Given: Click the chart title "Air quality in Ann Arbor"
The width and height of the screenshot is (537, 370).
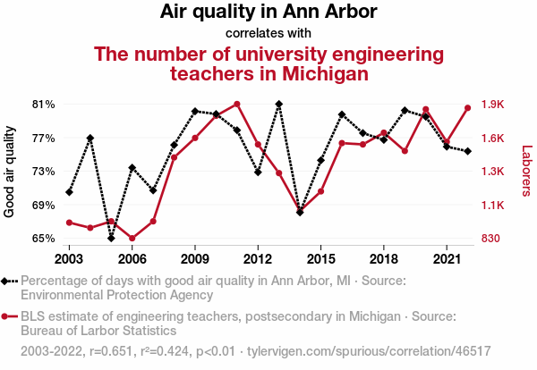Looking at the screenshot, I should tap(268, 13).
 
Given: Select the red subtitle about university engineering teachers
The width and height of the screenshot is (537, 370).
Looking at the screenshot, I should tap(269, 63).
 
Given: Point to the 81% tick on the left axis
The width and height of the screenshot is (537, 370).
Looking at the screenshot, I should tap(42, 105).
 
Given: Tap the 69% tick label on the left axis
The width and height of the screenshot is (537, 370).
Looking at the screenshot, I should tap(42, 206).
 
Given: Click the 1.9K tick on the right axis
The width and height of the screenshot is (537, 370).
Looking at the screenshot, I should tap(493, 105).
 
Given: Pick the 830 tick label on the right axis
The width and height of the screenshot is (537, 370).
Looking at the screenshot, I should tap(491, 239).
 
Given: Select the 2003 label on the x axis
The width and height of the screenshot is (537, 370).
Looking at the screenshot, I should tap(69, 258).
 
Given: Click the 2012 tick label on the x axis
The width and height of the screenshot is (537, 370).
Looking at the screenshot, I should tap(258, 258).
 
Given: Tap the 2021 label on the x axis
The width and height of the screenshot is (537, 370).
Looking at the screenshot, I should tap(447, 258).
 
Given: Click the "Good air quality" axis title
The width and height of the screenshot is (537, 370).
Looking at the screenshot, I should tap(10, 172).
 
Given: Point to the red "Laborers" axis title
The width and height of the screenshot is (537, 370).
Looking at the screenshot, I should tap(526, 172).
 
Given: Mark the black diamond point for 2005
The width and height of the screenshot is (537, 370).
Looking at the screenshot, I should tap(111, 238).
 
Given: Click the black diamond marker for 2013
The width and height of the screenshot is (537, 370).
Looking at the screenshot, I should tap(279, 104).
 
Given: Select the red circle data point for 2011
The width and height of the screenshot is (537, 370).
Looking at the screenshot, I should tap(237, 104).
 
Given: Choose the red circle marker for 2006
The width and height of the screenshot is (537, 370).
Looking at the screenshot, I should tap(132, 239).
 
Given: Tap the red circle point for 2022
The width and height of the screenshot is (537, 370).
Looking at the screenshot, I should tap(468, 108).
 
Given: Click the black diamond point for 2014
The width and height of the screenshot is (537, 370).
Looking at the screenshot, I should tap(300, 212).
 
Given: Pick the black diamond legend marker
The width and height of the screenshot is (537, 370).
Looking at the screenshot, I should tap(8, 281).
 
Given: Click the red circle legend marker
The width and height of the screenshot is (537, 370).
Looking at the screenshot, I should tap(8, 316).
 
